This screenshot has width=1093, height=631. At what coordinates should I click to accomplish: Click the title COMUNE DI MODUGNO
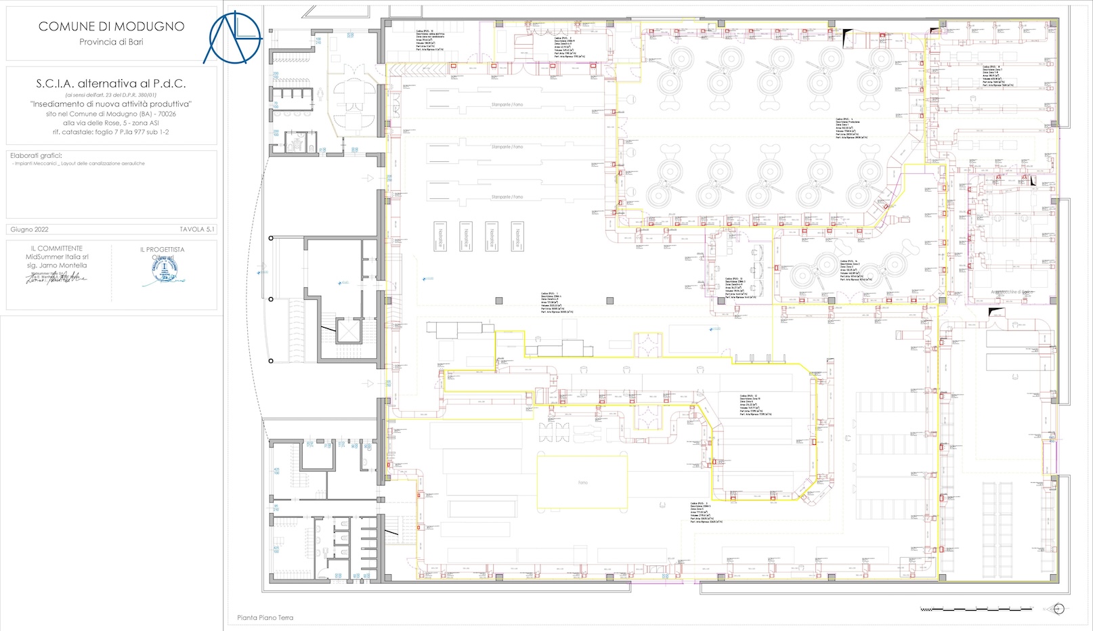(x=111, y=26)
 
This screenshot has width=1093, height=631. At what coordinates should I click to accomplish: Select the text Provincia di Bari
(x=111, y=42)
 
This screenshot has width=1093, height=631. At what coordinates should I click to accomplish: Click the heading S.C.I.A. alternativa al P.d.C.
(x=111, y=84)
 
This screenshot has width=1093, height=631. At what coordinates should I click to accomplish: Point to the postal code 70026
(x=167, y=114)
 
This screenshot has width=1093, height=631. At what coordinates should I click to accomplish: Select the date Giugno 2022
(x=30, y=230)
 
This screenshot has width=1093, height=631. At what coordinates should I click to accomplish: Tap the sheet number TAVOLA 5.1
(x=196, y=230)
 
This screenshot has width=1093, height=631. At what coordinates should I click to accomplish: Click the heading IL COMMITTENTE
(x=57, y=248)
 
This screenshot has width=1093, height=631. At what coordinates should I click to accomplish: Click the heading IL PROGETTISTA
(x=162, y=249)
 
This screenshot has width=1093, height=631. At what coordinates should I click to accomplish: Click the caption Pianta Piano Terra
(x=265, y=617)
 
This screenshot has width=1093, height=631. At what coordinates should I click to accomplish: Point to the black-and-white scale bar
(x=975, y=609)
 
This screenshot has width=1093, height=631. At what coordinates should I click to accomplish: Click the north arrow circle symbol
(x=1058, y=609)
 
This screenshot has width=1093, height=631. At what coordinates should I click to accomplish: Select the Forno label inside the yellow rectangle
(x=583, y=483)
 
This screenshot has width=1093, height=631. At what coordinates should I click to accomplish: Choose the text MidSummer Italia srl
(x=57, y=257)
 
